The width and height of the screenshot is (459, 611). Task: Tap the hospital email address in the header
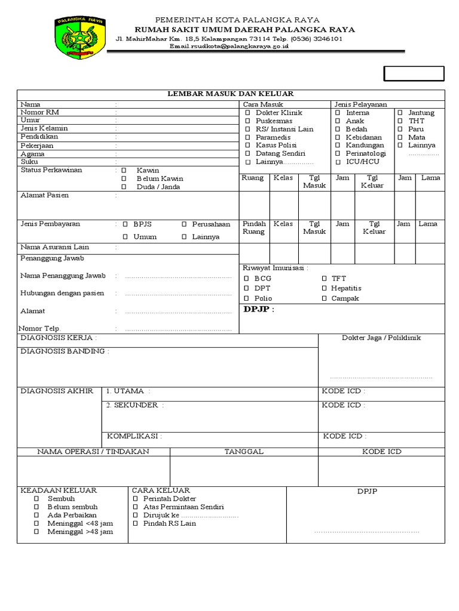click(229, 46)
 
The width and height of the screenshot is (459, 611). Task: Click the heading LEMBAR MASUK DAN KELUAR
click(230, 94)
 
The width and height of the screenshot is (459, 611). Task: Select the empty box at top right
click(414, 73)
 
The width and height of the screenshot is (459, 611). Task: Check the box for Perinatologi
click(338, 154)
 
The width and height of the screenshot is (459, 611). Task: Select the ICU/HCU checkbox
click(338, 162)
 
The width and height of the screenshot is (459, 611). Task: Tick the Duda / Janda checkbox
click(124, 187)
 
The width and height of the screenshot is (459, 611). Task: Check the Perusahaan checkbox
click(185, 224)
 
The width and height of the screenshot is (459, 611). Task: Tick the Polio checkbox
click(246, 298)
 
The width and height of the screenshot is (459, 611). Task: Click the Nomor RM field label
click(40, 112)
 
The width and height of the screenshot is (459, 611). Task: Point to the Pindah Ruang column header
click(254, 228)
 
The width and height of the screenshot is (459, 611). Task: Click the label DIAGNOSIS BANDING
click(65, 351)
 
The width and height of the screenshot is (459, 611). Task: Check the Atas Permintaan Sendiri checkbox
click(136, 507)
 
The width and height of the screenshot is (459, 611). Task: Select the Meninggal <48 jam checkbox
click(36, 524)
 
